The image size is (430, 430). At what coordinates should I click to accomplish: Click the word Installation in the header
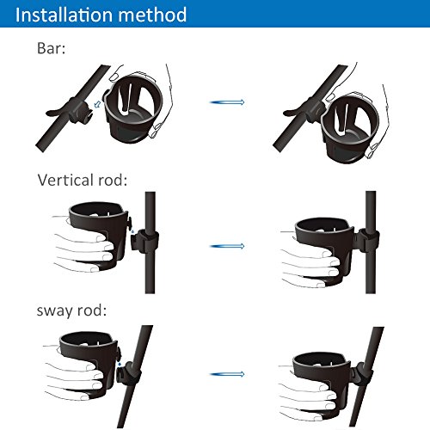[64, 15]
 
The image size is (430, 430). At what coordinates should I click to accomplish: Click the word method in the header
[152, 15]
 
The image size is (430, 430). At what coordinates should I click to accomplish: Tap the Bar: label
[51, 48]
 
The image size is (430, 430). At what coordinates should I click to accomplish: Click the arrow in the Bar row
[227, 102]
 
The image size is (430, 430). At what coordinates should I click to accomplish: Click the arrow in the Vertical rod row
[227, 246]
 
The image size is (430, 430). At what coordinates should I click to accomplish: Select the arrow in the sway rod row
[227, 374]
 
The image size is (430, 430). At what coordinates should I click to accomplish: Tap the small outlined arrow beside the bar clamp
[98, 104]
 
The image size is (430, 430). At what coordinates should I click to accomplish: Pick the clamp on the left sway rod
[128, 373]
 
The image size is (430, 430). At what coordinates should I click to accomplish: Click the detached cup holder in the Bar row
[133, 109]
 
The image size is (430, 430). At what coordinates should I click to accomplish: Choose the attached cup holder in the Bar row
[350, 127]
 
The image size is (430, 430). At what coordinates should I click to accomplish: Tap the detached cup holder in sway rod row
[89, 364]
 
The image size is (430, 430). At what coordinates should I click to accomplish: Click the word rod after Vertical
[113, 180]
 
